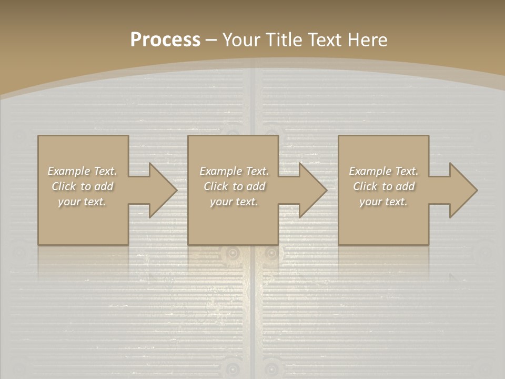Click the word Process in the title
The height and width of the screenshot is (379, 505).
pyautogui.click(x=165, y=40)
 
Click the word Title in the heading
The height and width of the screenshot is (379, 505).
pyautogui.click(x=284, y=40)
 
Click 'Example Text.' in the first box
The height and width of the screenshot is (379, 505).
pyautogui.click(x=83, y=171)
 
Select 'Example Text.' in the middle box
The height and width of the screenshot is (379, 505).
pyautogui.click(x=234, y=171)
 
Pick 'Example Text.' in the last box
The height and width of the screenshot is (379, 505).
pyautogui.click(x=383, y=171)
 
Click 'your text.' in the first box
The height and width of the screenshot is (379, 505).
pyautogui.click(x=82, y=202)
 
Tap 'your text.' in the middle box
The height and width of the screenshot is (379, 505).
pyautogui.click(x=234, y=202)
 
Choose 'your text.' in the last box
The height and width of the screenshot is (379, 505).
pyautogui.click(x=383, y=202)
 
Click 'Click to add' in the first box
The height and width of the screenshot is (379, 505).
pyautogui.click(x=83, y=186)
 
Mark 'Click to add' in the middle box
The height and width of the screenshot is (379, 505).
pyautogui.click(x=234, y=186)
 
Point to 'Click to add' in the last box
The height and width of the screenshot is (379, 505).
pyautogui.click(x=384, y=186)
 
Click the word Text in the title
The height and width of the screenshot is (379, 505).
pyautogui.click(x=325, y=40)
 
